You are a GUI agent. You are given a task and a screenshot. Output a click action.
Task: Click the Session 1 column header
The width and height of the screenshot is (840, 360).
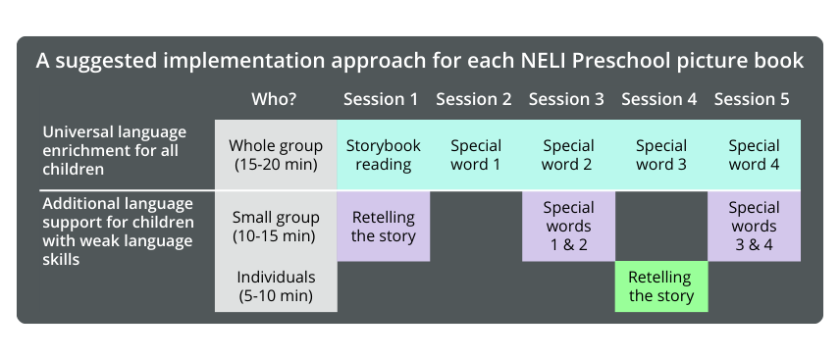coord(381,99)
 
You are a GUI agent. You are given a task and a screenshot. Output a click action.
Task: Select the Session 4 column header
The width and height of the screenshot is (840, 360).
coord(658,99)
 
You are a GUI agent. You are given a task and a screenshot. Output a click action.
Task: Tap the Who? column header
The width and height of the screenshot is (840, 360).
coord(274,99)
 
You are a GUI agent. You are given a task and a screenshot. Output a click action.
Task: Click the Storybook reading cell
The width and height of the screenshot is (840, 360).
coord(383,155)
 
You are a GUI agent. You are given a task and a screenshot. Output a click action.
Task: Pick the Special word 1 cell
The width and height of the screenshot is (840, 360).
coord(476,155)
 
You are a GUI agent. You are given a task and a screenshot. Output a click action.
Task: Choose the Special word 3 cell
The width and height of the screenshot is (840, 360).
coord(661,155)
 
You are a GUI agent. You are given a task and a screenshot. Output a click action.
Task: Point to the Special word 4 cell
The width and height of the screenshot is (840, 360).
coord(755,155)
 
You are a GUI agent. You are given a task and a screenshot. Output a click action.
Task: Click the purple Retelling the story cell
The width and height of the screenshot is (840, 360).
coord(383,227)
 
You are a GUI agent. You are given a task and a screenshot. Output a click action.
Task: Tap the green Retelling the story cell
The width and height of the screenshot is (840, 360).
coord(661,286)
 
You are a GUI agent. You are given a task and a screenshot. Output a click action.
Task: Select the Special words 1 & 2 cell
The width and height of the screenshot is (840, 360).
coord(568,227)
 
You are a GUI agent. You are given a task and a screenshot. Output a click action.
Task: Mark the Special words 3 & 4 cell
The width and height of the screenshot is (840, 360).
coord(755,227)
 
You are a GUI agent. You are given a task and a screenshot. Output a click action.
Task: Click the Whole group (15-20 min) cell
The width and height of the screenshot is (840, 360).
coord(276,155)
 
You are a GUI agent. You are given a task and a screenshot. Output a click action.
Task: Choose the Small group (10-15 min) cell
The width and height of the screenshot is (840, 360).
coord(276,227)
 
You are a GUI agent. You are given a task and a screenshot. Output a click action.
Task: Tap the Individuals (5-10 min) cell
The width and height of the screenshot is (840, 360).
coord(276,286)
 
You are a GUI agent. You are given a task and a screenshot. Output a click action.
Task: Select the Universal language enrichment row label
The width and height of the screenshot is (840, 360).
coord(115,150)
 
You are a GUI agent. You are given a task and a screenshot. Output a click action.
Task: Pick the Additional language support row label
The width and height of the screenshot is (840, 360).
coord(118,231)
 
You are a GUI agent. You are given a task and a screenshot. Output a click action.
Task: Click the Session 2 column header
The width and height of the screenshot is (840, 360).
coord(474,99)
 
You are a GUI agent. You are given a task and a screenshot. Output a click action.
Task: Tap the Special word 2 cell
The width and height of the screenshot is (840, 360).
coord(568,155)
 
